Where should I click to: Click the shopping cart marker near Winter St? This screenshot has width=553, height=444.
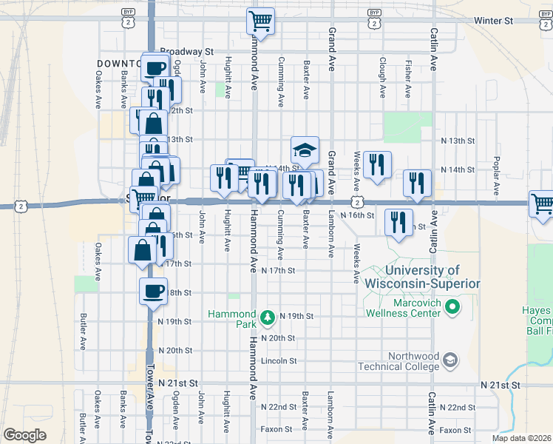pyautogui.click(x=260, y=21)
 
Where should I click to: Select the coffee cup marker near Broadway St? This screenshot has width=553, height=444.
pyautogui.click(x=155, y=69)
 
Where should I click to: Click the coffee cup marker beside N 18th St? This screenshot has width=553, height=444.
pyautogui.click(x=154, y=292)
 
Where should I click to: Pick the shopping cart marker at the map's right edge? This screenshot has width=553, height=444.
pyautogui.click(x=542, y=203)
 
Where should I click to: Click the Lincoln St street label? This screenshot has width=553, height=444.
pyautogui.click(x=279, y=361)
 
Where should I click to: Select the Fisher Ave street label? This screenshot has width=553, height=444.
pyautogui.click(x=409, y=78)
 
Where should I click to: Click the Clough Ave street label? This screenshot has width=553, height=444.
pyautogui.click(x=382, y=78)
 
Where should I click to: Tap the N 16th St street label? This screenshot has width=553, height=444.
pyautogui.click(x=358, y=215)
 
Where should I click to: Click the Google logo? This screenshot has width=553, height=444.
pyautogui.click(x=25, y=434)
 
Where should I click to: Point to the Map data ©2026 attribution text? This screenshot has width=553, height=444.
pyautogui.click(x=521, y=438)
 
